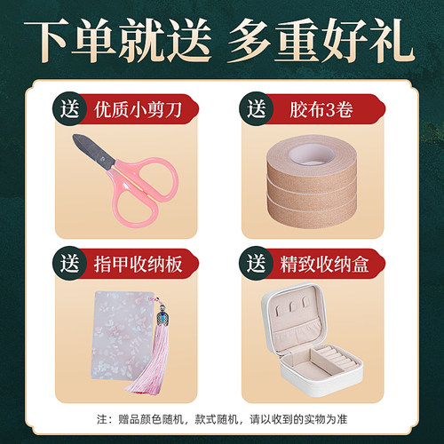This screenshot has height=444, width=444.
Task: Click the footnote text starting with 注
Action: tap(222, 419)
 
